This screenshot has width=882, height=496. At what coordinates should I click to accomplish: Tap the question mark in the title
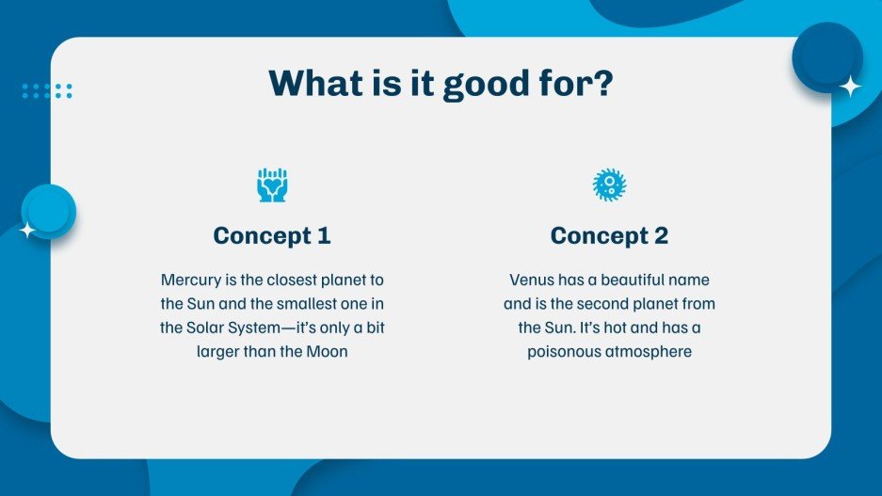[x=602, y=83]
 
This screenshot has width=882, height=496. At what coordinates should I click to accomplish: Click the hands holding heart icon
[x=272, y=185]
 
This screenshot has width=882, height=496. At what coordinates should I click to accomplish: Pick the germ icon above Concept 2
[x=609, y=184]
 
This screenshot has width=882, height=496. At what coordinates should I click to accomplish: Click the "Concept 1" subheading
[x=272, y=235]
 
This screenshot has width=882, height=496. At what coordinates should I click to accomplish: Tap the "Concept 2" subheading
[x=609, y=235]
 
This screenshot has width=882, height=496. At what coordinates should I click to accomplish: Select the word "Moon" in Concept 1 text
[x=327, y=351]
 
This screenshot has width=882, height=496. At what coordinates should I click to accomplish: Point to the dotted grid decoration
[x=47, y=90]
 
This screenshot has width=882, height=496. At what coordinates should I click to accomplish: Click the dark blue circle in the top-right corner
[x=826, y=57]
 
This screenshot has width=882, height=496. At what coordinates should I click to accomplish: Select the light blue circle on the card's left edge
[x=48, y=212]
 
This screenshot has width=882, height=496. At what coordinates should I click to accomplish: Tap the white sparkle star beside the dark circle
[x=851, y=87]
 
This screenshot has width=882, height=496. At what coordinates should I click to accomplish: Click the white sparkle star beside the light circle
[x=27, y=230]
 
